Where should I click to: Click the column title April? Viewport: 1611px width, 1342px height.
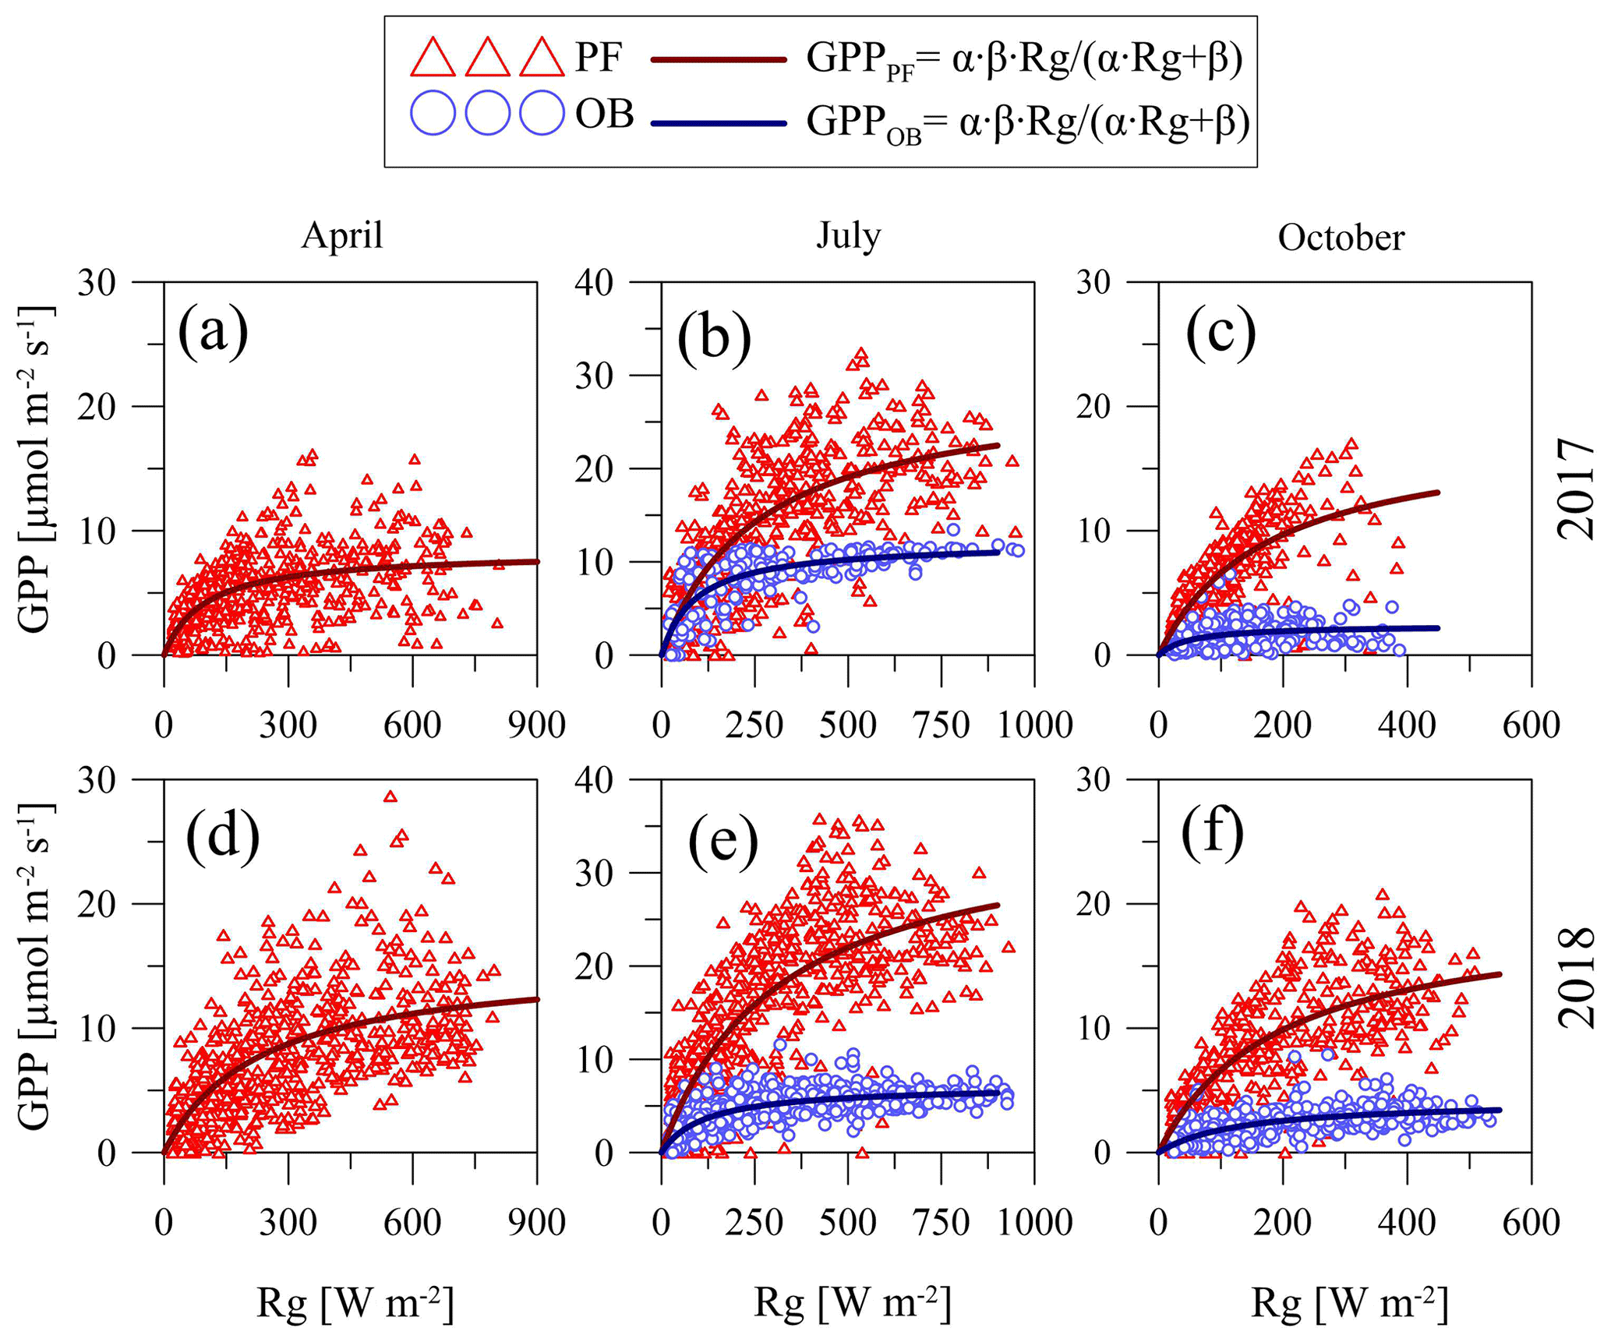342,235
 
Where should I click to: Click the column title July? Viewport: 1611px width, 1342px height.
849,235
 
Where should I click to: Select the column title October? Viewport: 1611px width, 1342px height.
1341,237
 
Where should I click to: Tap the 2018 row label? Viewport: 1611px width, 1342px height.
1576,977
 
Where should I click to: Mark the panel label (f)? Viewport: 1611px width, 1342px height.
1212,835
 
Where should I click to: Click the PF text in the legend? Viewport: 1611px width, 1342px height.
599,58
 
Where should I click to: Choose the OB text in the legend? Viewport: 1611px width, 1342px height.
604,115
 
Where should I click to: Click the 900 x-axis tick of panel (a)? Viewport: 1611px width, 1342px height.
536,726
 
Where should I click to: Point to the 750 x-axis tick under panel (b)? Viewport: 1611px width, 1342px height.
942,726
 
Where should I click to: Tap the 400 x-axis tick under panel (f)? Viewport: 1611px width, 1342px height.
1407,1222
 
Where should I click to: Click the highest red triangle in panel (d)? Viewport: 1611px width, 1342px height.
390,796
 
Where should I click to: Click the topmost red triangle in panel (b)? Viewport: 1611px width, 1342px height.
861,353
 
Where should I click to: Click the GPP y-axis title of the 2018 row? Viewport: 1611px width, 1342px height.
35,966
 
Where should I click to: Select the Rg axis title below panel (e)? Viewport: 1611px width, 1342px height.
852,1304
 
